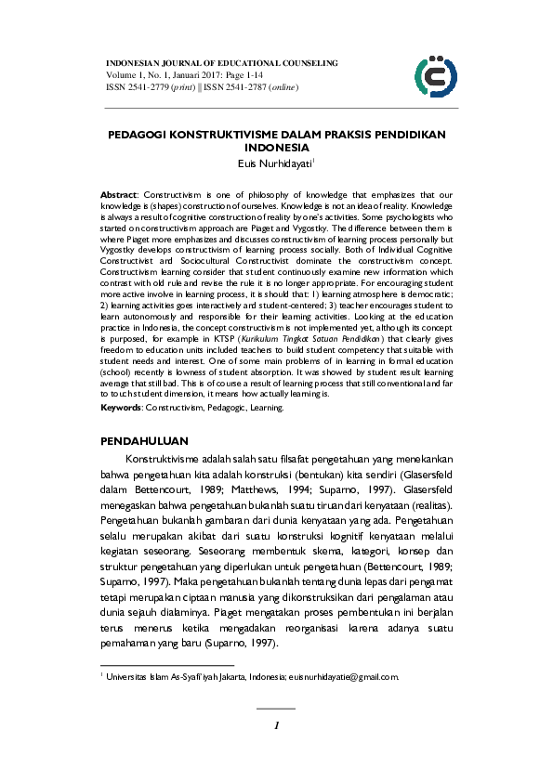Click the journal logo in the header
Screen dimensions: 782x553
click(x=435, y=74)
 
